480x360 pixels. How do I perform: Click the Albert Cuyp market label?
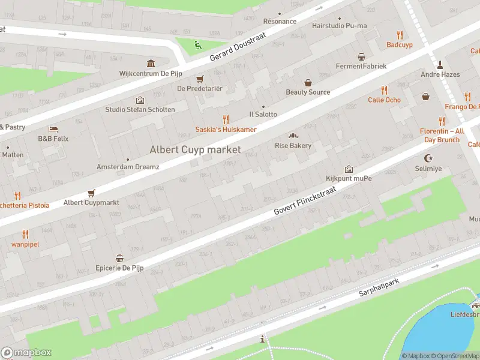click(x=195, y=149)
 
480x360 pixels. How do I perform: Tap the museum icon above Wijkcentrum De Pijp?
click(x=151, y=64)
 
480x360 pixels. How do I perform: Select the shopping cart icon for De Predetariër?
click(x=200, y=79)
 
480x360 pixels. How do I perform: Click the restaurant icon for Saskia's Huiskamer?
click(x=226, y=119)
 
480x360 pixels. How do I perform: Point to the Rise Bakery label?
click(x=293, y=146)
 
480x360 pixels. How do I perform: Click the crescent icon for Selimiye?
click(x=428, y=158)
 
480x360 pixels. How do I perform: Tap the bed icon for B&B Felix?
click(x=53, y=129)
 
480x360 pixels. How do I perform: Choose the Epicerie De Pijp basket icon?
click(x=119, y=258)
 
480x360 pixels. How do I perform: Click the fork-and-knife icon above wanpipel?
click(x=25, y=234)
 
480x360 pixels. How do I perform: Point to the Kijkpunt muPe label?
click(x=349, y=179)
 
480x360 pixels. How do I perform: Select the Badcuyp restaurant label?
click(x=399, y=44)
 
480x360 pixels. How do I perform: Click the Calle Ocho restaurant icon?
click(x=384, y=90)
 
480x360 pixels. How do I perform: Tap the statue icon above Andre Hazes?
click(x=440, y=64)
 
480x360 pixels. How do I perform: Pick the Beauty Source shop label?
click(x=308, y=92)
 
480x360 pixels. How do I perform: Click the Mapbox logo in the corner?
click(x=26, y=353)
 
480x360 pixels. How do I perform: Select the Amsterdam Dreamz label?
click(x=128, y=167)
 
